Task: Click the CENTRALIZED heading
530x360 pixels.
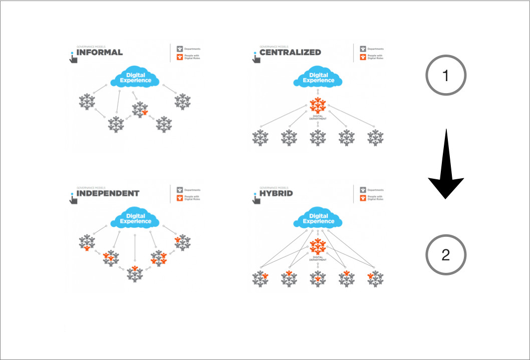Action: (290, 52)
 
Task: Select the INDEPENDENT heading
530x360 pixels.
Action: (108, 193)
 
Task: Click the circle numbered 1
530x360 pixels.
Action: (446, 75)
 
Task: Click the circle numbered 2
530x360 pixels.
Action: (446, 255)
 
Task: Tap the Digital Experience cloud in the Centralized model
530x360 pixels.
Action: (319, 78)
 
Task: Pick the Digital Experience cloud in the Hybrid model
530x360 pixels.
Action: (319, 218)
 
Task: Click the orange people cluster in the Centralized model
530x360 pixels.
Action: (318, 105)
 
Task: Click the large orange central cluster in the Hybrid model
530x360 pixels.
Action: (318, 246)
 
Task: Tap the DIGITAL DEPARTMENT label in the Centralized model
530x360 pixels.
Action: (319, 117)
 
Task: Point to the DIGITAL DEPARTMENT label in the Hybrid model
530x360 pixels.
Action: (319, 259)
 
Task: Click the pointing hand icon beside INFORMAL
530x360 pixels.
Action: (73, 57)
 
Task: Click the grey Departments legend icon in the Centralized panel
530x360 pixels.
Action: (362, 49)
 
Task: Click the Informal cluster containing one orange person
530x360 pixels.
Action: (140, 109)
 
